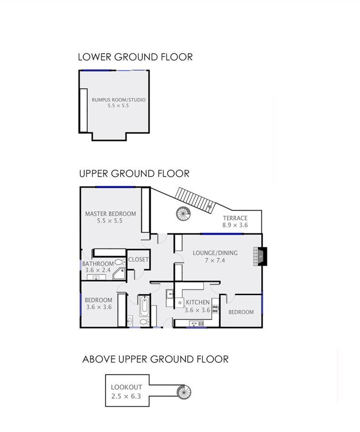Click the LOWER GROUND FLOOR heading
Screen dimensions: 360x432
pos(135,57)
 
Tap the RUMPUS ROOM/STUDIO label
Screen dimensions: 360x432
pos(119,100)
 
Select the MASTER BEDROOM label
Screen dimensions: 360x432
pos(110,214)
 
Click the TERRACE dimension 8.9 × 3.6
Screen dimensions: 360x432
pos(235,225)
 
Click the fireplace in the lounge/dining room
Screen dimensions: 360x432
pos(260,256)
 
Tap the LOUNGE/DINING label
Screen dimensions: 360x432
pos(215,253)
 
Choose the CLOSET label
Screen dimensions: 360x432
pos(138,260)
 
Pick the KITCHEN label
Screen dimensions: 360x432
pos(198,302)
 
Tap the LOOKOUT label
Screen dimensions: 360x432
pos(126,387)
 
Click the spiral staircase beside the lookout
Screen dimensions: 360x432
pos(184,392)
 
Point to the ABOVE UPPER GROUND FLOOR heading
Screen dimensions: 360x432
pos(155,359)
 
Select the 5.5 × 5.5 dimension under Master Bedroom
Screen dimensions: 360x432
pos(110,221)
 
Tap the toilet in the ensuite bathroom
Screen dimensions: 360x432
pos(120,262)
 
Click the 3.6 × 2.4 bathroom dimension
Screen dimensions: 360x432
pos(98,270)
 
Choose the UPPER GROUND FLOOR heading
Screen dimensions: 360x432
pos(135,174)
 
